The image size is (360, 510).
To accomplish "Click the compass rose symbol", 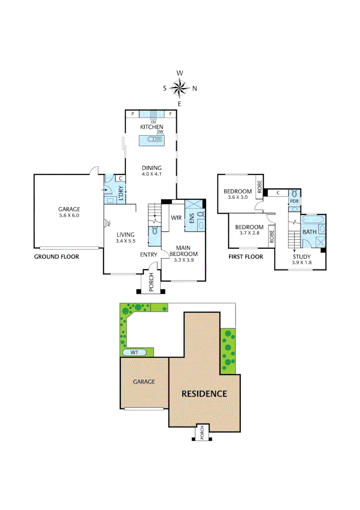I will click(x=180, y=88).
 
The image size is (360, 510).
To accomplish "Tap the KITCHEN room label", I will click(x=152, y=127).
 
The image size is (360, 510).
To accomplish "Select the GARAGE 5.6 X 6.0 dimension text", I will click(x=69, y=215).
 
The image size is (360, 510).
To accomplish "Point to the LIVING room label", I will click(x=125, y=234).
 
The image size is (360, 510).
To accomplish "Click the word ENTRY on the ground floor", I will click(x=149, y=255).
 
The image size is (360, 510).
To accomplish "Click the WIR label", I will click(x=176, y=218).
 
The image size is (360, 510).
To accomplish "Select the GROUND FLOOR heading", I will click(x=56, y=257).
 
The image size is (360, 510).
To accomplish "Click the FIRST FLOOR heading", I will click(x=245, y=257).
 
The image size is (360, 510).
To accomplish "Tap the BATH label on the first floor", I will click(x=310, y=232).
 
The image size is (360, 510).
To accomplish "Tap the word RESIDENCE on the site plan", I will click(x=204, y=393).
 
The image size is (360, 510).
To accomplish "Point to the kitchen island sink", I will click(x=152, y=139).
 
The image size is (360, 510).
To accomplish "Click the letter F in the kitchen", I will click(x=170, y=114).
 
